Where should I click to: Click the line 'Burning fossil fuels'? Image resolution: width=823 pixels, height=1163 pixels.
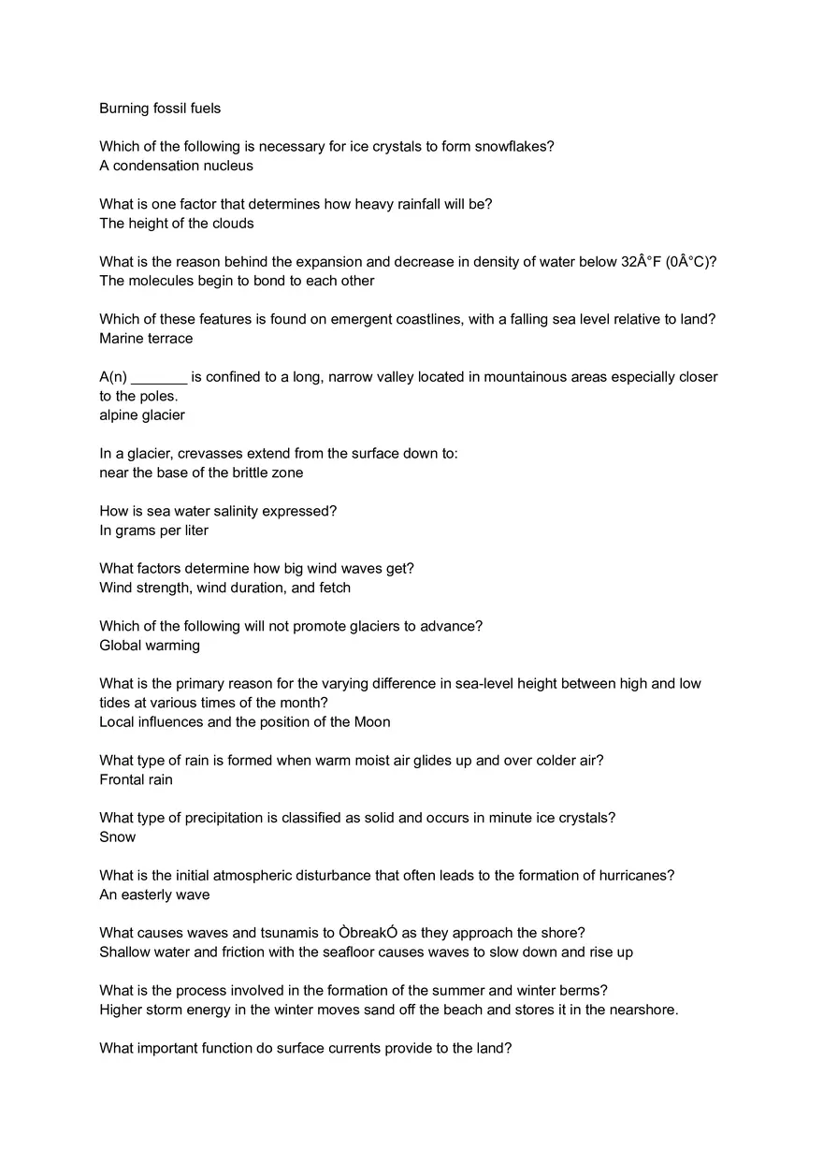point(160,109)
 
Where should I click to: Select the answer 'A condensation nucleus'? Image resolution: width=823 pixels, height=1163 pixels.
point(176,166)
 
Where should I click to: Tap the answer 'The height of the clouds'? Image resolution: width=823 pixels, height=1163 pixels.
point(177,224)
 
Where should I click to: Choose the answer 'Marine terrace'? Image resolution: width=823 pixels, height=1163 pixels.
point(146,338)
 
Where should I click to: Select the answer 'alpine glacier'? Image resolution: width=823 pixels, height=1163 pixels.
point(142,414)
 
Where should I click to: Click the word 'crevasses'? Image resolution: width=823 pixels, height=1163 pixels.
point(209,454)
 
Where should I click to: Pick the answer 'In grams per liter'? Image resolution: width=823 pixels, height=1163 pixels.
point(153,531)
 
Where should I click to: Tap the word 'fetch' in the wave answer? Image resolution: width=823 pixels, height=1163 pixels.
point(335,588)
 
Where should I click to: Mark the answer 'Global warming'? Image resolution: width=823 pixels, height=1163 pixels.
point(150,645)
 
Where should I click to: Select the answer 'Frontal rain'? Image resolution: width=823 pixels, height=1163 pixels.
point(136,779)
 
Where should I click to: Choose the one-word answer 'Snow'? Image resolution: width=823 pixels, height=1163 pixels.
point(118,836)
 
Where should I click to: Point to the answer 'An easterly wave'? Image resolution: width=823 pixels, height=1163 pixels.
point(154,894)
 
